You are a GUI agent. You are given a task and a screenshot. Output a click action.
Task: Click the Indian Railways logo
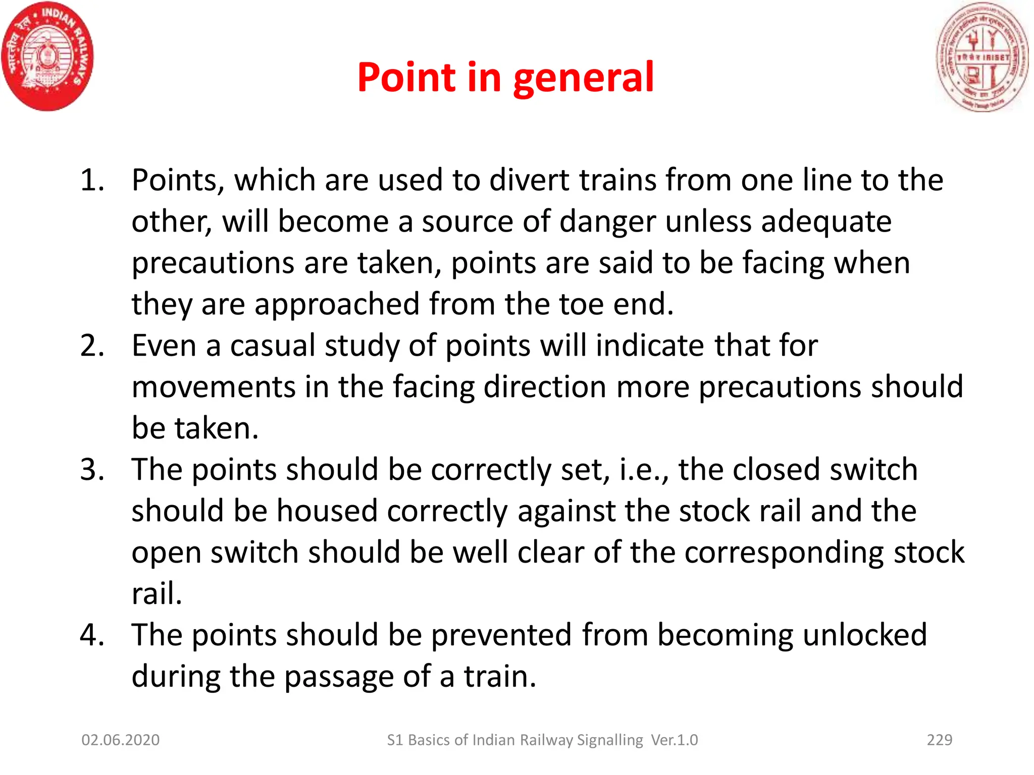(x=47, y=57)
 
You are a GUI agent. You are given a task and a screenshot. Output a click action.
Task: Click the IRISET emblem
(x=982, y=57)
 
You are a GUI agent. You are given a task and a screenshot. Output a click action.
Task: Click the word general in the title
(x=584, y=78)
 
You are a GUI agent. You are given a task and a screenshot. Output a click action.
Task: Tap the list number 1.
(x=92, y=180)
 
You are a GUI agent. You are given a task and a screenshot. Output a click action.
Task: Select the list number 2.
(x=92, y=346)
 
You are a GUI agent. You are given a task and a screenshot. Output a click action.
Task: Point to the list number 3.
(x=92, y=470)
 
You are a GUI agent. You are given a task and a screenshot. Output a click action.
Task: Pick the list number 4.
(x=92, y=635)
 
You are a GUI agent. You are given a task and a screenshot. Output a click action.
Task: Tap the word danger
(x=608, y=222)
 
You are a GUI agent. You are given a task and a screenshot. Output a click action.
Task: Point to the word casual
(x=273, y=346)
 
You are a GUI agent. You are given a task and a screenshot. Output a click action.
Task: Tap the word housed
(x=327, y=511)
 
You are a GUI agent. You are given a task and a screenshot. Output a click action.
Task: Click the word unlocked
(x=864, y=635)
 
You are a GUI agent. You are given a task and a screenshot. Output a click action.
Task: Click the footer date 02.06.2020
(x=121, y=740)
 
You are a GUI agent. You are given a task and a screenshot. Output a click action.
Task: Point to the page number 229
(x=940, y=740)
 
